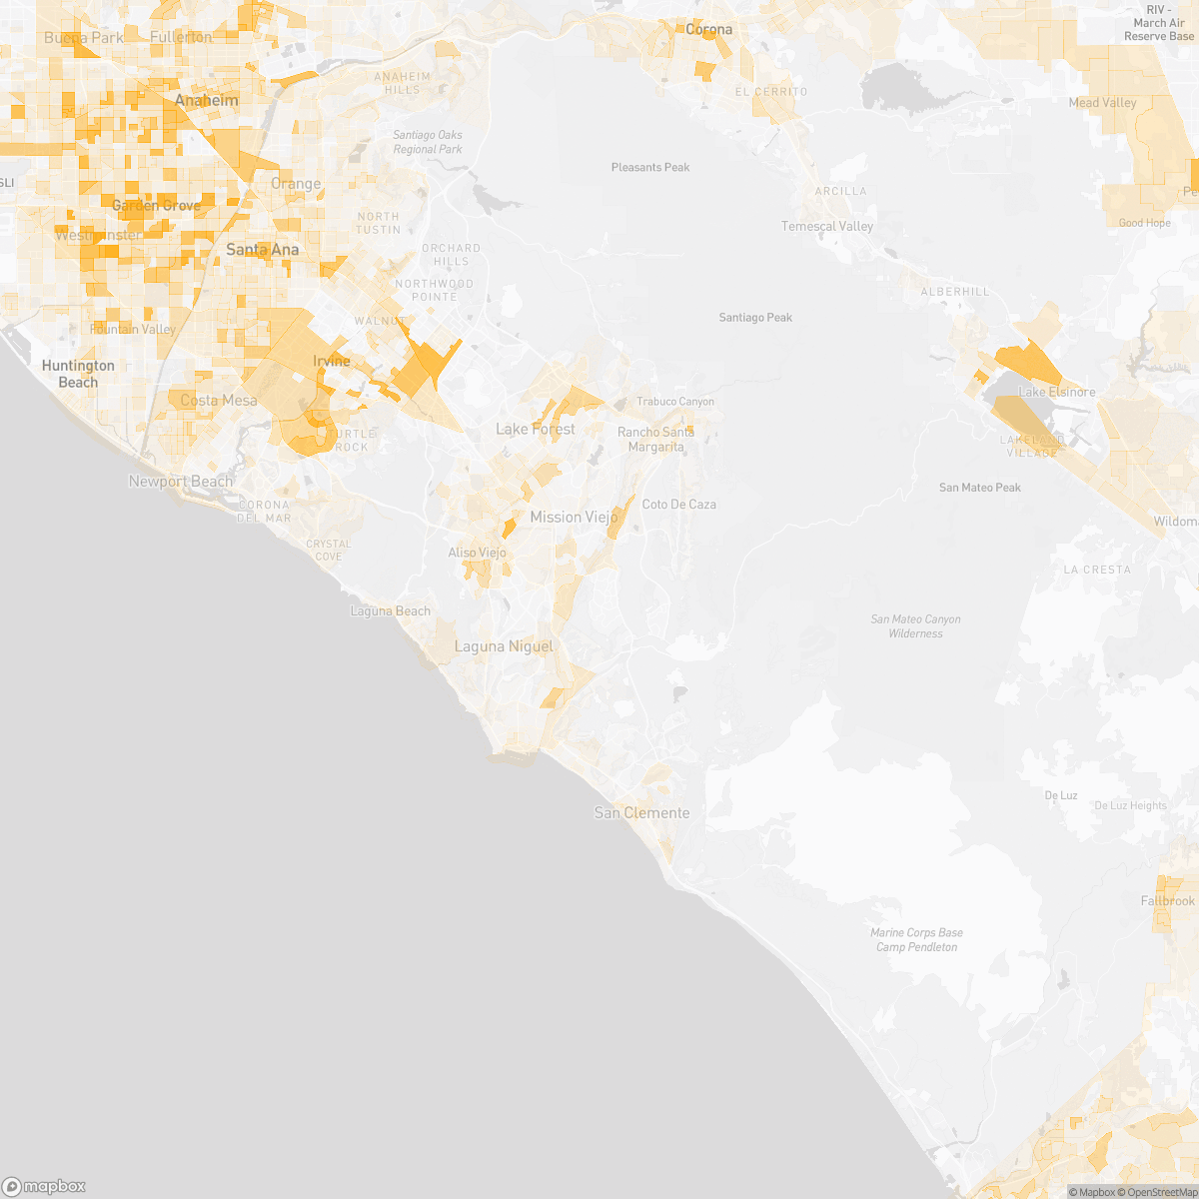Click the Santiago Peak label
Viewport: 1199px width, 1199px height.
(755, 318)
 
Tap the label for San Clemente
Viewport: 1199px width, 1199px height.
(641, 813)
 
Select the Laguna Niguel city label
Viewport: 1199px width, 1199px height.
(504, 647)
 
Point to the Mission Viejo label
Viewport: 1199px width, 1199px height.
(574, 518)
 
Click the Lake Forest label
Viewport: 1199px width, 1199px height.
(536, 430)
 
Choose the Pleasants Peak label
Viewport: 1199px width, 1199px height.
(650, 168)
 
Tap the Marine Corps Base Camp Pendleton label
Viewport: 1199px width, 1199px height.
(916, 940)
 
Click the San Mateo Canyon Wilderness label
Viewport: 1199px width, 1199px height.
(915, 626)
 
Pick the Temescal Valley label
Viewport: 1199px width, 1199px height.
(827, 227)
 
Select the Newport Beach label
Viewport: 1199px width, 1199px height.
(181, 482)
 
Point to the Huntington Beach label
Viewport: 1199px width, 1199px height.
(78, 374)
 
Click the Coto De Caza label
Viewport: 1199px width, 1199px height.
(679, 505)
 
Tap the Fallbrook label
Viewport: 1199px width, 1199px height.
(1168, 901)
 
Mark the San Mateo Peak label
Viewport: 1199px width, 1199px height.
(980, 488)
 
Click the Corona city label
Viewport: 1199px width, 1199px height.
(708, 30)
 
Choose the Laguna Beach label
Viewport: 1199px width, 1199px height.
(391, 611)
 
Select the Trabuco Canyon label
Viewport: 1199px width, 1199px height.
(676, 402)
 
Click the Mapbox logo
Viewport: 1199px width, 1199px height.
(44, 1186)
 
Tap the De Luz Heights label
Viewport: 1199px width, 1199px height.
(1130, 806)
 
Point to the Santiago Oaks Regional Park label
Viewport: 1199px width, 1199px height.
(428, 142)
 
